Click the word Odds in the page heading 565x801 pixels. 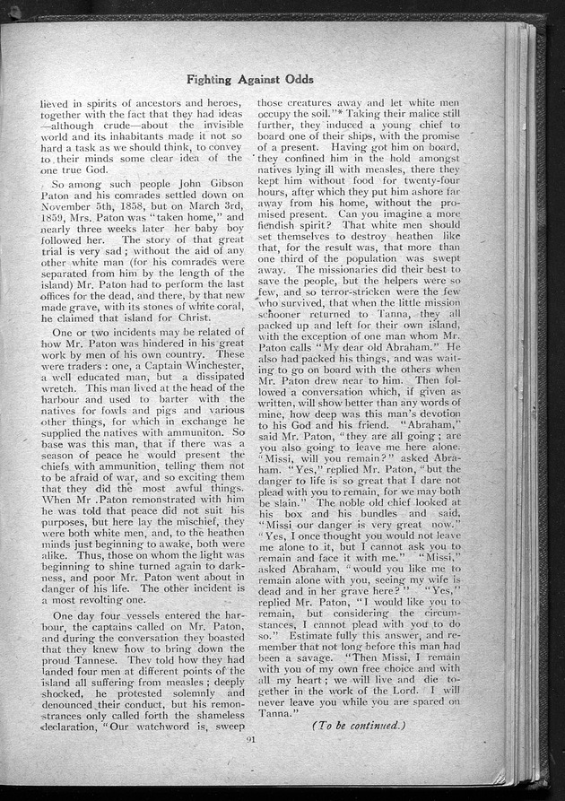[x=297, y=79]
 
